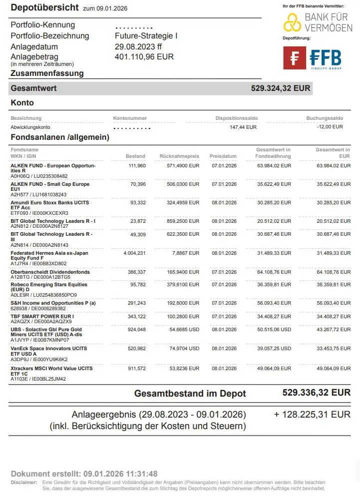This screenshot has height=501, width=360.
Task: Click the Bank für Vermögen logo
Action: point(318,22)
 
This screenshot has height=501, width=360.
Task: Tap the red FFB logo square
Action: point(295,58)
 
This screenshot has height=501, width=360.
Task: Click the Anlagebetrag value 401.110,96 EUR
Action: point(144,57)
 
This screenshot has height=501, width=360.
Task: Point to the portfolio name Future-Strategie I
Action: point(146,36)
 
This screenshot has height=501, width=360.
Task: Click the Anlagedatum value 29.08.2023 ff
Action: point(138,46)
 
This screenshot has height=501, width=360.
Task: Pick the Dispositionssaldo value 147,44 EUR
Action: point(243,127)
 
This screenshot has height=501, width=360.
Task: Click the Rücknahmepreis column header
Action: point(179,156)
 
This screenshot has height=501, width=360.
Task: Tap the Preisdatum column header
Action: point(223,156)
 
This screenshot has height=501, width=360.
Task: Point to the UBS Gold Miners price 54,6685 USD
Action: point(183,330)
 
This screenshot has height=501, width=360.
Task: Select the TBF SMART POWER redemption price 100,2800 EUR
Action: point(183,317)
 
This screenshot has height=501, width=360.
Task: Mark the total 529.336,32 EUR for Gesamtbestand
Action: point(317,393)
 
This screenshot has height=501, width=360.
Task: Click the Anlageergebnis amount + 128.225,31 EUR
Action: point(312,415)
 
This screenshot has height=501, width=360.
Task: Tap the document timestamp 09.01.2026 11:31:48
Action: point(120,474)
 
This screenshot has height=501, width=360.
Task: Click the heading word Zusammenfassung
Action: point(47,73)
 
